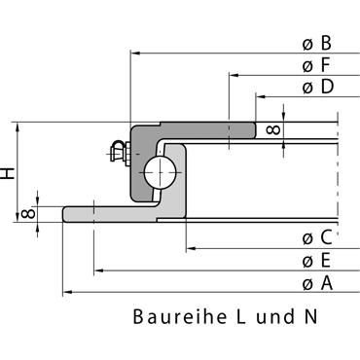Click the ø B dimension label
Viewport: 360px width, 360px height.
(317, 43)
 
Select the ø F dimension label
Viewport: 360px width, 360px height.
(316, 65)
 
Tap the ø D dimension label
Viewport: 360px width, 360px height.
(318, 87)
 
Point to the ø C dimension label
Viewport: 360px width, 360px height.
(317, 237)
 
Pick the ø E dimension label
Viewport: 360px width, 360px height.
(316, 261)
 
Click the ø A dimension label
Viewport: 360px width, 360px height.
(317, 283)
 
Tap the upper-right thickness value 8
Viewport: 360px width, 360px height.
(272, 130)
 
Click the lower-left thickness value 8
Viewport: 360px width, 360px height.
(27, 214)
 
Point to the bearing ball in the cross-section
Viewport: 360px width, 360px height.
(161, 172)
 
